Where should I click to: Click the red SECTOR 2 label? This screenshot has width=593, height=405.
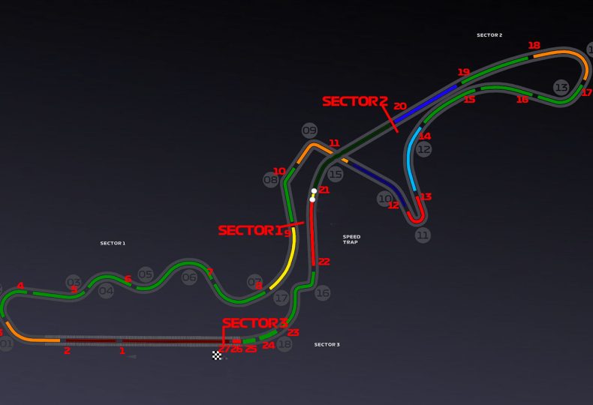(354, 101)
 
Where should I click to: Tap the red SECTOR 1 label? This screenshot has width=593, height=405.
(251, 230)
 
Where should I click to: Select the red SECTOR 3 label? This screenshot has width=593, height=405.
(255, 323)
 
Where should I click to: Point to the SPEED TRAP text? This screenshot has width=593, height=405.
(351, 239)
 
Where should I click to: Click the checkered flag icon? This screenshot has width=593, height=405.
(217, 355)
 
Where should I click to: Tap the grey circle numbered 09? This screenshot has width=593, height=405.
(309, 130)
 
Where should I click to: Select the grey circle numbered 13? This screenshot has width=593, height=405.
(561, 87)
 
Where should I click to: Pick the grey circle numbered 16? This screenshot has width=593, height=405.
(322, 293)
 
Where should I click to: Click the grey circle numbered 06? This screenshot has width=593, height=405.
(189, 277)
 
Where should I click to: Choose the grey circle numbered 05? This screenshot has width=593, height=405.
(146, 275)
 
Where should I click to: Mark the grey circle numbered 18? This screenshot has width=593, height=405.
(284, 344)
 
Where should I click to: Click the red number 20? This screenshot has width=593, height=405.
(399, 106)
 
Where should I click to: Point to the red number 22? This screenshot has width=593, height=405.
(324, 262)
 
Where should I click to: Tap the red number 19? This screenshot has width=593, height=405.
(463, 73)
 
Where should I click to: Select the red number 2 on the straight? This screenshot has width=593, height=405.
(67, 350)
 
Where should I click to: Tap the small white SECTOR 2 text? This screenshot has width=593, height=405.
(489, 35)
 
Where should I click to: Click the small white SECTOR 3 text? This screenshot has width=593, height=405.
(327, 344)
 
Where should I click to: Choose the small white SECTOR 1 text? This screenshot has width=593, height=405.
(113, 243)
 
